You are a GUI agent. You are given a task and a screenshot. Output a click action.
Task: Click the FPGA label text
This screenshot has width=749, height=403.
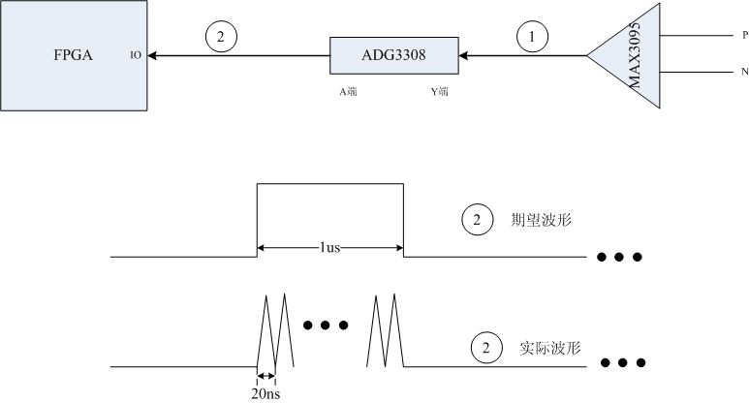73,55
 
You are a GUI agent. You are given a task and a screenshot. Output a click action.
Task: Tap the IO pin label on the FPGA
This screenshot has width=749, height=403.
136,55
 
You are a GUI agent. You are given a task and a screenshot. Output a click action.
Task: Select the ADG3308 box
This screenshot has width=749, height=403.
394,55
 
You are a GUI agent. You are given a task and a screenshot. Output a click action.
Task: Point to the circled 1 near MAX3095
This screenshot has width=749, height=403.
532,36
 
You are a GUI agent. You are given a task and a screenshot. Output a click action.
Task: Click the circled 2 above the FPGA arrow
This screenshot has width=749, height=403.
221,36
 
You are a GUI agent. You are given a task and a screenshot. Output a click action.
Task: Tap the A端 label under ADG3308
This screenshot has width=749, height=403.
348,92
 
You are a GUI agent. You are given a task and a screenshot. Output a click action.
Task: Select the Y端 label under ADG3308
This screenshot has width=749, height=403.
440,92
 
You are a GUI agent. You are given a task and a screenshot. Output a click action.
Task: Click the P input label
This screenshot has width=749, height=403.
745,35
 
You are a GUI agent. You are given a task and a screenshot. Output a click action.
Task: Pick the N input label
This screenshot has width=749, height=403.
745,72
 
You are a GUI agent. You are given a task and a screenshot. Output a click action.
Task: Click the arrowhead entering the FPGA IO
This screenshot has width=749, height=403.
152,56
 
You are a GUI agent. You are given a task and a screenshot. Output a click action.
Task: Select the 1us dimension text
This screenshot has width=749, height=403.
329,247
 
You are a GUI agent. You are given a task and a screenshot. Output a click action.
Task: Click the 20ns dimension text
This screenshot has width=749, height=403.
265,394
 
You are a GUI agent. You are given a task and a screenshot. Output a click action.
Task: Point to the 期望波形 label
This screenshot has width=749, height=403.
541,220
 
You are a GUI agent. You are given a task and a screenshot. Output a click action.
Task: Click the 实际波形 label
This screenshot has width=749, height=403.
549,348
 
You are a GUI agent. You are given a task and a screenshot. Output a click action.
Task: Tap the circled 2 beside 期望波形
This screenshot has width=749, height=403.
477,220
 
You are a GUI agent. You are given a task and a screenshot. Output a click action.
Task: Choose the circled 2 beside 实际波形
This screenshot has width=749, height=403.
486,348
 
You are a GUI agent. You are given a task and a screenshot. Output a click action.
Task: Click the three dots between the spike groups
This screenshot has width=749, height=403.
326,325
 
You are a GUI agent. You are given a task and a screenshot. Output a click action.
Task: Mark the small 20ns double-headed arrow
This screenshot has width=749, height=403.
266,376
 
